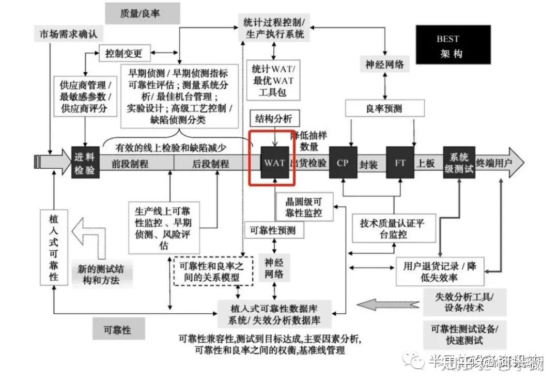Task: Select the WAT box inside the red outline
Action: (274, 163)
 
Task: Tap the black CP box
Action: (343, 163)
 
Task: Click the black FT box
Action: (400, 163)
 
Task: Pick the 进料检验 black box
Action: (85, 163)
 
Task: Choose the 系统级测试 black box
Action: (458, 163)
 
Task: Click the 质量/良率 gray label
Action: (142, 13)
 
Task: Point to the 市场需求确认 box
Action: (69, 35)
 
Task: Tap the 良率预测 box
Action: (384, 109)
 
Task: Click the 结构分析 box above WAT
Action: (274, 118)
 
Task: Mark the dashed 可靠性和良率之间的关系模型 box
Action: (213, 271)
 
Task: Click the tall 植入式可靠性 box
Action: (54, 247)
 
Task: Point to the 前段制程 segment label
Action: (130, 164)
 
